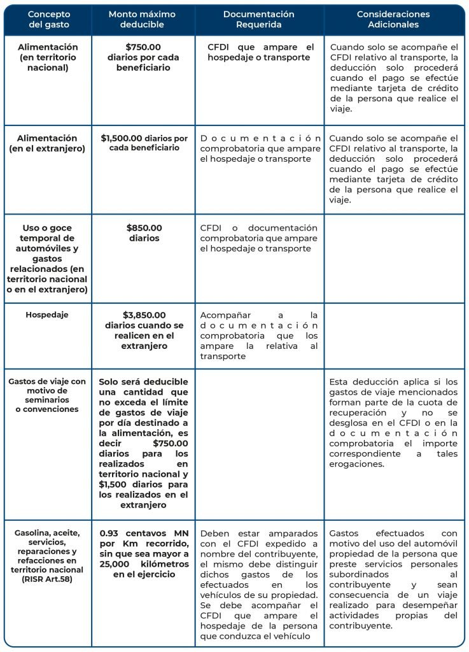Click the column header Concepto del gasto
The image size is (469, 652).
pyautogui.click(x=48, y=19)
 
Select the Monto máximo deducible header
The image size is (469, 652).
pyautogui.click(x=136, y=19)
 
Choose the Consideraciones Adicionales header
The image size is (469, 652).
pyautogui.click(x=393, y=19)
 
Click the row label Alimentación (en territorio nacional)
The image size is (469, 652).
pyautogui.click(x=48, y=57)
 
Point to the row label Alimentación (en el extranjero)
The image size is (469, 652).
pyautogui.click(x=48, y=143)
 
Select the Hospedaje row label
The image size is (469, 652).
pyautogui.click(x=47, y=315)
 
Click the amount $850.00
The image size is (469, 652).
pyautogui.click(x=144, y=228)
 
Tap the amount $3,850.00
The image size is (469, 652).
pyautogui.click(x=144, y=315)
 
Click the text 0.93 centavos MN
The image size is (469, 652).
pyautogui.click(x=144, y=533)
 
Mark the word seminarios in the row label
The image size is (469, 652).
pyautogui.click(x=47, y=400)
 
